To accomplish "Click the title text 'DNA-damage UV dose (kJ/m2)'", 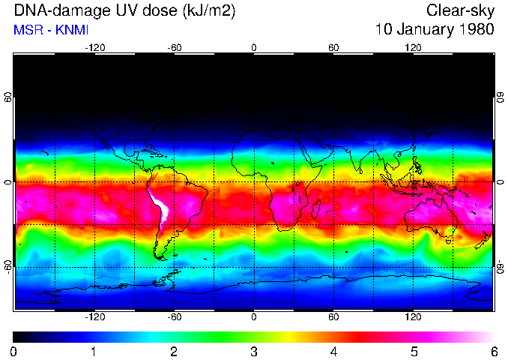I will click(x=119, y=10).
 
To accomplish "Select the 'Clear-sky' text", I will click(x=460, y=10).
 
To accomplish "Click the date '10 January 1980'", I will click(x=435, y=30).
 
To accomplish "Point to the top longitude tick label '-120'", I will click(x=94, y=47).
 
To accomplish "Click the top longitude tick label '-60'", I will click(x=174, y=47).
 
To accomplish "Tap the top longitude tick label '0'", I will click(x=254, y=47).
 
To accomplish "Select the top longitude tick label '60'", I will click(x=333, y=47).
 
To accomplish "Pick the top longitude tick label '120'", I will click(x=413, y=47).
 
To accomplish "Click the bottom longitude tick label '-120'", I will click(x=94, y=317).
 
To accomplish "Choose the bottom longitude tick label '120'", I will click(x=413, y=317).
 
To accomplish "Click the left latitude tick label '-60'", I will click(x=8, y=267).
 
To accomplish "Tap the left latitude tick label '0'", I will click(x=8, y=182).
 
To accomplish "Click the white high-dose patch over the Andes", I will click(x=160, y=206).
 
